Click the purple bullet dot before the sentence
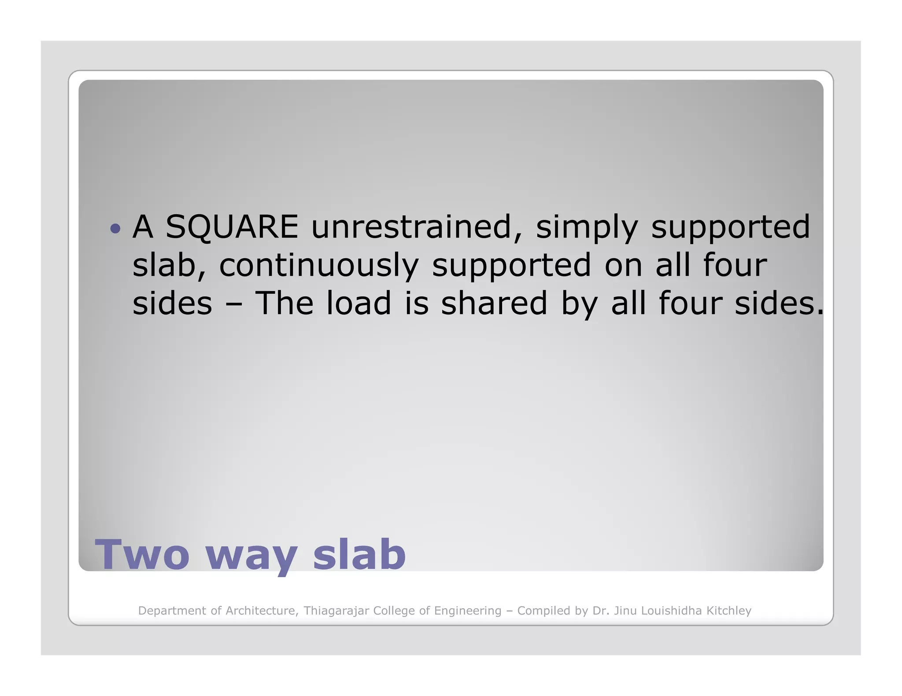pos(115,228)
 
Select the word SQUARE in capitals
pos(232,227)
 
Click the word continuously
pos(319,266)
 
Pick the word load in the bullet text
pos(359,304)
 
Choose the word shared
pos(494,304)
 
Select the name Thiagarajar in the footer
pos(336,611)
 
